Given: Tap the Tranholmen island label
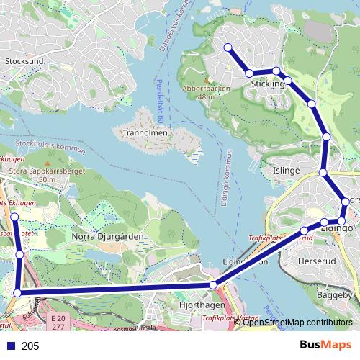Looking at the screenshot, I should [x=145, y=133].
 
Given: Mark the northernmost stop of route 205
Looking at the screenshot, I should [x=228, y=48].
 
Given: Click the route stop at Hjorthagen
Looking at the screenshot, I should [x=212, y=286].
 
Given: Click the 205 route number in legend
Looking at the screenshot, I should [x=30, y=346].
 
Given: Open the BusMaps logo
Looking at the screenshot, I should [x=327, y=346].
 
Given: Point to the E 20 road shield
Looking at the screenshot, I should [x=58, y=318].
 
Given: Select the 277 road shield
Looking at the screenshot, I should [x=58, y=327].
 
